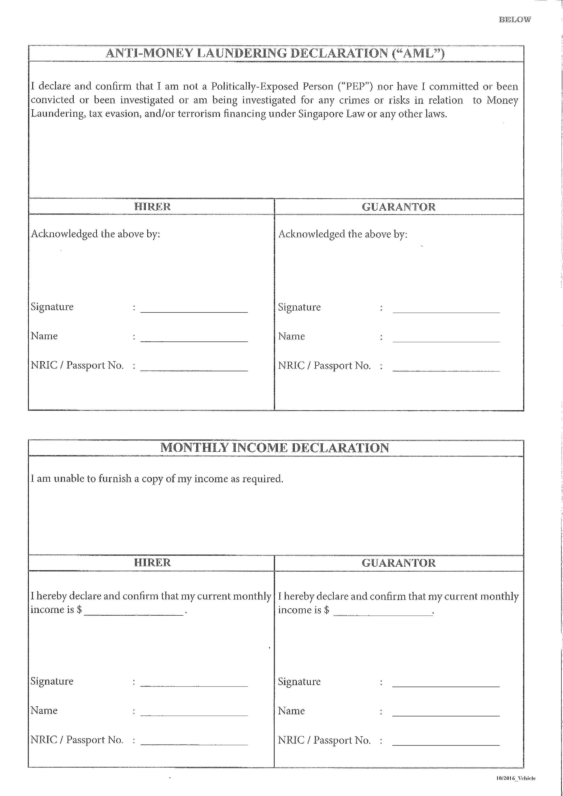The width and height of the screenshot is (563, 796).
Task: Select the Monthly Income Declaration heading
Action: pyautogui.click(x=275, y=448)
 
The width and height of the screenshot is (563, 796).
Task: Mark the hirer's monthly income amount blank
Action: pyautogui.click(x=134, y=611)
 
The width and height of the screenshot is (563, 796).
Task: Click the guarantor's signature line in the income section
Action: pyautogui.click(x=446, y=683)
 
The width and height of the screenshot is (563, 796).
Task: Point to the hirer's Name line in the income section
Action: pyautogui.click(x=194, y=712)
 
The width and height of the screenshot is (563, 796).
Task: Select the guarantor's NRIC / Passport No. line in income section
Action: pyautogui.click(x=446, y=741)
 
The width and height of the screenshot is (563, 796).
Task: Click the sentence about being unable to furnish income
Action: pyautogui.click(x=157, y=479)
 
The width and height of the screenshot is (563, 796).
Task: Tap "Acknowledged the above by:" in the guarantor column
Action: pyautogui.click(x=342, y=234)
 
